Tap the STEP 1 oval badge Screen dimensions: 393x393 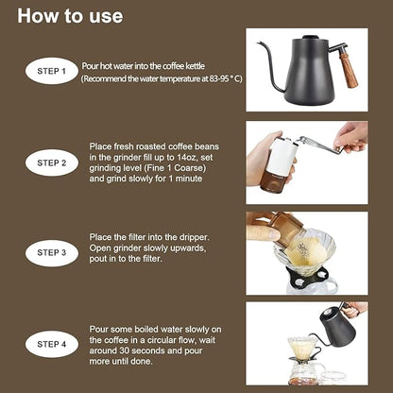pos(51,71)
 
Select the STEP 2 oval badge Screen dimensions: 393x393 pos(51,162)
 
